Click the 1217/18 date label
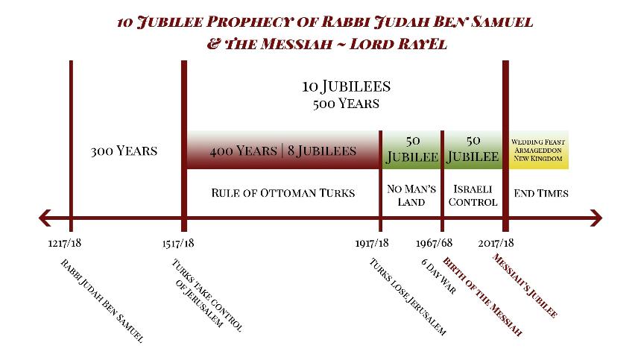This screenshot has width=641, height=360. point(65,243)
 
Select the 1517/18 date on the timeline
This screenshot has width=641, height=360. point(178,243)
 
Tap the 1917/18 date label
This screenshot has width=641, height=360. point(372,243)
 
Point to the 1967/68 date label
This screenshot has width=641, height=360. point(434,243)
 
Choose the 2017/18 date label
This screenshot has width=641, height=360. point(496,243)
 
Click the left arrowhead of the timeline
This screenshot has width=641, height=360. point(44,218)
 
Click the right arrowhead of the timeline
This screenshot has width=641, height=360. point(596,218)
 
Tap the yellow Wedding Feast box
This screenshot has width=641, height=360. point(538,150)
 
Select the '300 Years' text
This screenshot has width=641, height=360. point(124,151)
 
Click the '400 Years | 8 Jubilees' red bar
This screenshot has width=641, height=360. point(283,150)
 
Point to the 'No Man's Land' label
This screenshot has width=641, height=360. point(411,195)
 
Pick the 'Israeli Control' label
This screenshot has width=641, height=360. point(473,195)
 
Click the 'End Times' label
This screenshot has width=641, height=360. point(541,193)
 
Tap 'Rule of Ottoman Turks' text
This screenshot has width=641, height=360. point(283,193)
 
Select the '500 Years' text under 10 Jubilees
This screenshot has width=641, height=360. point(346,104)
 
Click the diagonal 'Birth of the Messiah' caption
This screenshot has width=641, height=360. point(483,296)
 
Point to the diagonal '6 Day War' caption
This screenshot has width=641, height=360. point(439,276)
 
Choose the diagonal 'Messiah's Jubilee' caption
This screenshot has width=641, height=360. point(525,285)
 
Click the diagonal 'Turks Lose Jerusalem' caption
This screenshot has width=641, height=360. point(408,297)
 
